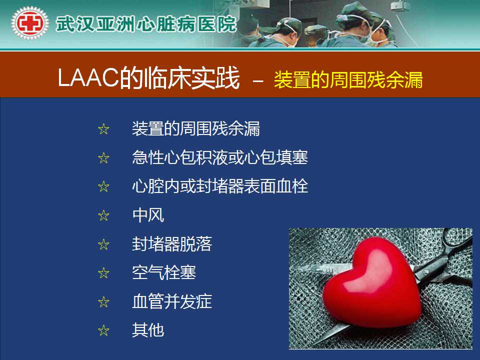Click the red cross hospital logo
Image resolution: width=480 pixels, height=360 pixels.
point(29,23)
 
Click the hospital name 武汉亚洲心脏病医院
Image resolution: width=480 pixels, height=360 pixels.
point(146,24)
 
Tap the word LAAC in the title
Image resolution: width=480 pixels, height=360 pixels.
point(88,78)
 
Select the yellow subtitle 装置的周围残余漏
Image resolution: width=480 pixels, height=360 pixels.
point(348,80)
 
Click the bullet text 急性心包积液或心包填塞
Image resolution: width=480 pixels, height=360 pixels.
point(220,157)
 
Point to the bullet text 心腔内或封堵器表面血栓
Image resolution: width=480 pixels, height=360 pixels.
point(220,186)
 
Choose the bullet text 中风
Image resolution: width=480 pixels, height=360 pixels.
point(148,215)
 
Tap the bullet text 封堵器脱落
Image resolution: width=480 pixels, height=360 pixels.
point(172,244)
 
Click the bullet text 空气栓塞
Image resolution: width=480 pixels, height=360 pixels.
point(164,272)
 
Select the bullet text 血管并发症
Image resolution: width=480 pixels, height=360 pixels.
point(172,301)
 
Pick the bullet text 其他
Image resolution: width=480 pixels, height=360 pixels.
point(148,330)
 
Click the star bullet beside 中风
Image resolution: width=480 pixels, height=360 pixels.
point(104,215)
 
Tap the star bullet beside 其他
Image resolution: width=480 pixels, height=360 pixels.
point(104,330)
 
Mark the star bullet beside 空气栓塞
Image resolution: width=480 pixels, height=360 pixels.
point(104,273)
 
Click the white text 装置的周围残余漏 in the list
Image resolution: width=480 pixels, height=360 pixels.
point(196,128)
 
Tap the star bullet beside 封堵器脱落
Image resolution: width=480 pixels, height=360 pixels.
point(104,244)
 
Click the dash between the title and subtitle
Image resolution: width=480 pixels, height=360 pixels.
point(258,81)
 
